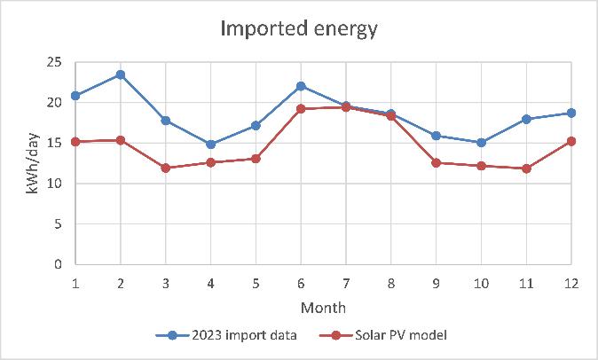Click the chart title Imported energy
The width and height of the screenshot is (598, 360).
(x=298, y=28)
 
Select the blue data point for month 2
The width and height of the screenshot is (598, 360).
(x=121, y=74)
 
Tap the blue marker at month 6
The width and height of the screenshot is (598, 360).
(x=301, y=86)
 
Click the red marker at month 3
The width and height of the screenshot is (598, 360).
(x=166, y=168)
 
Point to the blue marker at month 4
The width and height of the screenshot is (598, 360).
(x=210, y=144)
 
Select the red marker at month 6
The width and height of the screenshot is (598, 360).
(x=301, y=108)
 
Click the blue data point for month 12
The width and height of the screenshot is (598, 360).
(x=571, y=113)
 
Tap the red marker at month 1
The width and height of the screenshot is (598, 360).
(x=75, y=141)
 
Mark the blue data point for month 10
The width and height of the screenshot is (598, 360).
(x=482, y=142)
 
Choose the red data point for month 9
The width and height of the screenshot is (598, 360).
(x=437, y=162)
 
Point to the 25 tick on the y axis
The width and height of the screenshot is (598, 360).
(x=55, y=62)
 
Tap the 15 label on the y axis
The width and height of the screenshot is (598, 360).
(x=55, y=143)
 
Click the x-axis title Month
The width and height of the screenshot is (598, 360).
(x=323, y=307)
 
